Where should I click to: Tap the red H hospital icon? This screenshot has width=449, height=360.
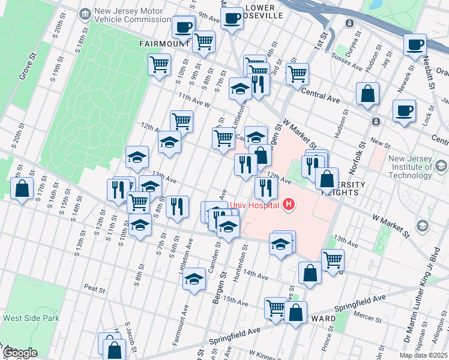click(289, 205)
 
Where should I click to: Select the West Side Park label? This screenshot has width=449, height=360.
click(31, 318)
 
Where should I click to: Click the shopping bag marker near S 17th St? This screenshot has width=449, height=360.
click(22, 188)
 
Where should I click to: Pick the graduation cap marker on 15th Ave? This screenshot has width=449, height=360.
click(194, 280)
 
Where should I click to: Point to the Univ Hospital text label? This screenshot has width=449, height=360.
click(255, 205)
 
